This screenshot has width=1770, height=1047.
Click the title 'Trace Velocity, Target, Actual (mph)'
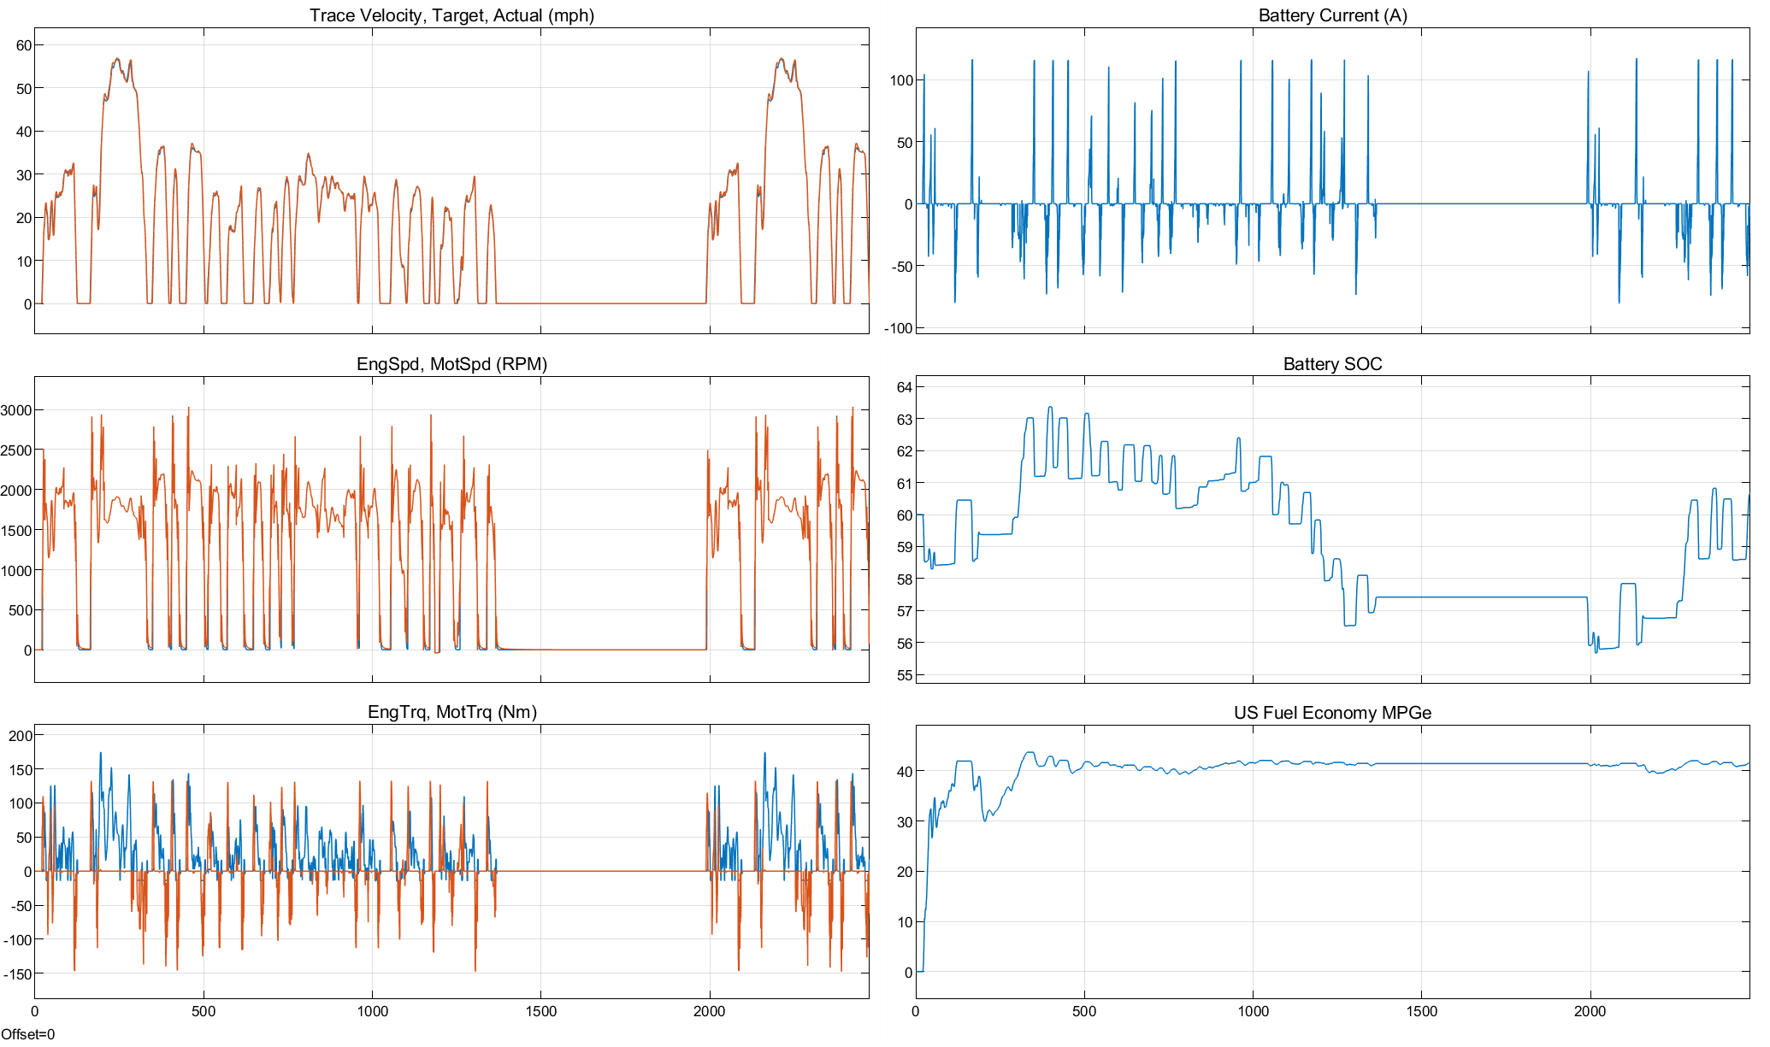(451, 15)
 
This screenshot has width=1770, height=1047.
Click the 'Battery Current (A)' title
(1332, 15)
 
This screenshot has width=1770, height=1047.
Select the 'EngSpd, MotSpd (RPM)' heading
(451, 364)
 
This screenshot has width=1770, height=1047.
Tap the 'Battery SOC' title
(1332, 364)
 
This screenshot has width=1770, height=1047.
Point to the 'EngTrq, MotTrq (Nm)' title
(451, 712)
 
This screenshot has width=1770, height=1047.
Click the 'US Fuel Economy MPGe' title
(1332, 713)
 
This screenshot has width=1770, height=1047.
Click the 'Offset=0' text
(27, 1034)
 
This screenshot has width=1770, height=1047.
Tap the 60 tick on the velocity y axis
(23, 45)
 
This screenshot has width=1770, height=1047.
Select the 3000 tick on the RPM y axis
(16, 410)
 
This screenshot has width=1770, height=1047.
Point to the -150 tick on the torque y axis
(17, 973)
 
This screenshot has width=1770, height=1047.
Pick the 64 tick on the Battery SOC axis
(905, 387)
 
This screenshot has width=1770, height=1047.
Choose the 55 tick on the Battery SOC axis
(905, 675)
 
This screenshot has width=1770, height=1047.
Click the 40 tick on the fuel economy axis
(905, 771)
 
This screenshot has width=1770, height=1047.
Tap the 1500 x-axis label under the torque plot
(540, 1012)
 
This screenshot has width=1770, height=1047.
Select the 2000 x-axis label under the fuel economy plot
(1590, 1012)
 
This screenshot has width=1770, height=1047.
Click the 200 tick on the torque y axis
(21, 735)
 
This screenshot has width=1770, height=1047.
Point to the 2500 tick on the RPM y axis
(16, 450)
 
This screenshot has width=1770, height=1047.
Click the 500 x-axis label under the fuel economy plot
(1084, 1012)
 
